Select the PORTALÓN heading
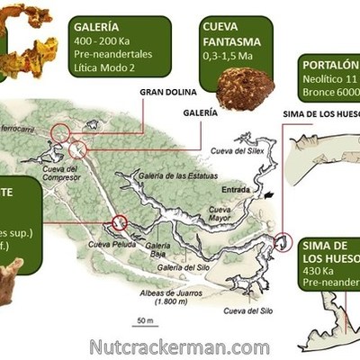pyautogui.click(x=331, y=64)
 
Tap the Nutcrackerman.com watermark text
pyautogui.click(x=179, y=346)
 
